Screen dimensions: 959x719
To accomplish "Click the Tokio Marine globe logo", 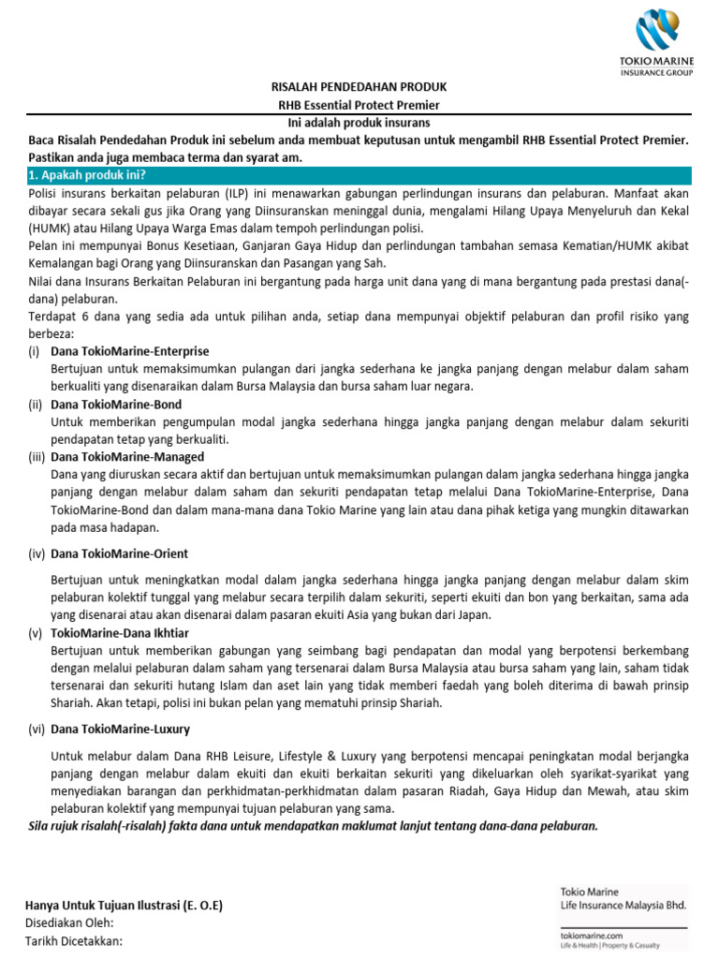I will tap(657, 32).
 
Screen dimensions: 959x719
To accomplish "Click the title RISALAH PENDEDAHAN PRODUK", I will tap(359, 88).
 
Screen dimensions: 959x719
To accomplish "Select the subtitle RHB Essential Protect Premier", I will tap(359, 105).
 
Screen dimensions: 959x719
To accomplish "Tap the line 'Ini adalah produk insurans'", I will tap(359, 123).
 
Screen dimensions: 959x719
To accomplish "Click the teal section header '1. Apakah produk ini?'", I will tap(88, 175).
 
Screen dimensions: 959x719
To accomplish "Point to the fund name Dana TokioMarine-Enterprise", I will tap(130, 351).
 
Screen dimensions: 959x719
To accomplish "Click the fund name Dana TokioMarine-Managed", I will tap(127, 457).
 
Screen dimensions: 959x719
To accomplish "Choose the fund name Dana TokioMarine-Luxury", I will tap(121, 729).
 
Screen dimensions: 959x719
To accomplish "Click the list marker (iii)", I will tap(37, 457).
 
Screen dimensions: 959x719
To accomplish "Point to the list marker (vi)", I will tap(37, 729).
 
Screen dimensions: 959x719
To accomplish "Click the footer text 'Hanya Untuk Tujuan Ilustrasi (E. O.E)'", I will tap(124, 906).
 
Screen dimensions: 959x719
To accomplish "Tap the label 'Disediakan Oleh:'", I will tap(69, 923).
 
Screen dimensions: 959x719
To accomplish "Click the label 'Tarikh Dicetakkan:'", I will tap(73, 941).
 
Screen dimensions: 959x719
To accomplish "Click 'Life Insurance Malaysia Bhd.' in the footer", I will tap(624, 907).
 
